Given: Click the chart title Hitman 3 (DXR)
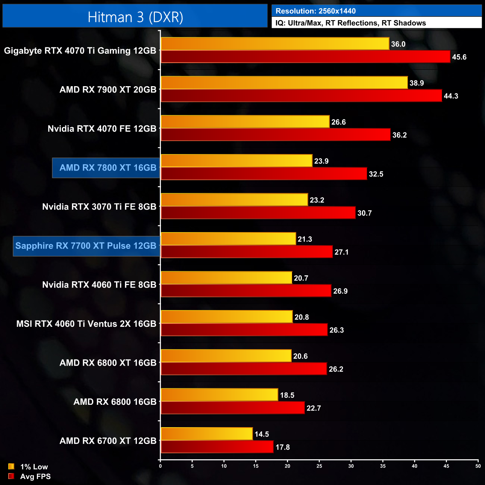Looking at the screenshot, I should (x=135, y=17).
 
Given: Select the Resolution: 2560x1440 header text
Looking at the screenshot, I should (x=315, y=11).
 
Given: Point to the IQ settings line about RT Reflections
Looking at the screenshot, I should (x=350, y=23).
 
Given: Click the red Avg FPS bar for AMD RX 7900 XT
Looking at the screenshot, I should (x=301, y=96).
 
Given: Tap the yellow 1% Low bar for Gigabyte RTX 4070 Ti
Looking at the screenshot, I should (x=275, y=44).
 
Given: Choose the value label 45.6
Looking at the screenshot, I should (x=459, y=57).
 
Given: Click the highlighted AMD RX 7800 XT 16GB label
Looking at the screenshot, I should (x=107, y=168).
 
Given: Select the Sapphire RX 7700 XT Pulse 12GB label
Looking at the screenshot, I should (x=86, y=246).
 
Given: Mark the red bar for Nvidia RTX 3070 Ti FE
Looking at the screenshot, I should (x=258, y=213).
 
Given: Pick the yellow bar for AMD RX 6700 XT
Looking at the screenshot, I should (x=207, y=434).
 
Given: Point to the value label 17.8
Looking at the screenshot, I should (x=282, y=447).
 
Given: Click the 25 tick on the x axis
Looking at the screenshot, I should (x=319, y=466).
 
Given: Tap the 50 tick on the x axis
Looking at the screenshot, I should (x=478, y=466).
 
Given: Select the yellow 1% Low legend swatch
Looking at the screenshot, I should (x=11, y=466).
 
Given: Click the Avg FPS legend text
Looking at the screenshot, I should (x=35, y=476).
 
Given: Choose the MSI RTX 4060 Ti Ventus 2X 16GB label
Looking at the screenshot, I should (x=86, y=324).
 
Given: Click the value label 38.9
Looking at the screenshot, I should (x=416, y=83).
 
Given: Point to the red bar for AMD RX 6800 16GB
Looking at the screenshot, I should (x=232, y=408).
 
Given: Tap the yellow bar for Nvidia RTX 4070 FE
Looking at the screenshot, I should (x=245, y=122).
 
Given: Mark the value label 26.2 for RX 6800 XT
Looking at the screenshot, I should (x=336, y=369).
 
